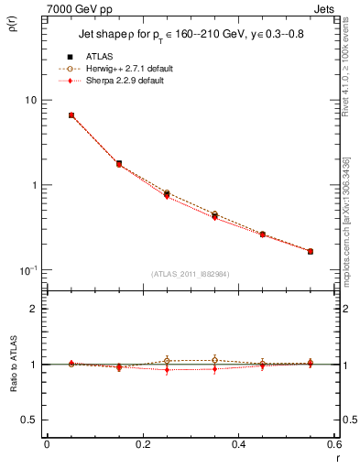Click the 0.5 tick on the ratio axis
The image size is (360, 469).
tap(29, 420)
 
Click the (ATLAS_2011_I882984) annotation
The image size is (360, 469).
tap(190, 273)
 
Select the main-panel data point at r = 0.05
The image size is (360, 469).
tap(71, 115)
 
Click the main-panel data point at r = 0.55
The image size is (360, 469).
tap(311, 251)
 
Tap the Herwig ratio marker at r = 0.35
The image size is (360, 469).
tap(214, 360)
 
